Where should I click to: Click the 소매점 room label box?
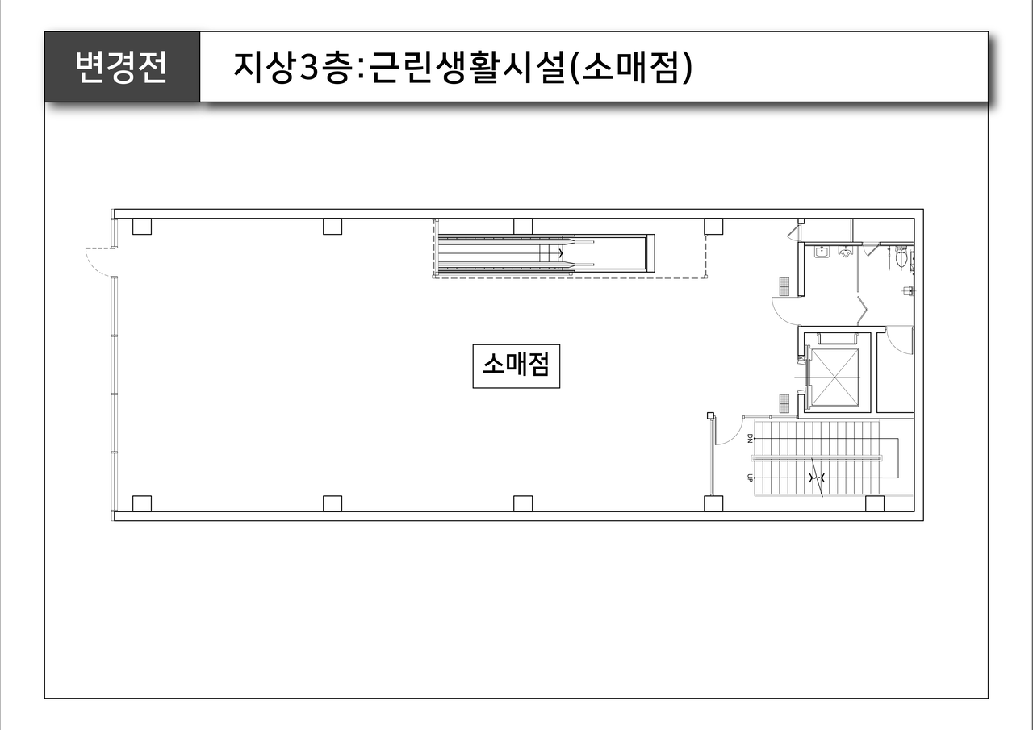tap(516, 366)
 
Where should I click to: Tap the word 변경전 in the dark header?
tap(121, 68)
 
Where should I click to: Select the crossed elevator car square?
tap(834, 377)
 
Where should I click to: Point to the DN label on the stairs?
tap(750, 439)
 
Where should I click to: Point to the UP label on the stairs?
tap(750, 478)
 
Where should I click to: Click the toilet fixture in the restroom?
tap(901, 258)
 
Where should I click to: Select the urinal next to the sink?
tap(846, 252)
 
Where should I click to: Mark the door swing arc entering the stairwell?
tap(728, 431)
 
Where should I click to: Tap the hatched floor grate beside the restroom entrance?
tap(783, 285)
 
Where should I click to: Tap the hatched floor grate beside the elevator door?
tap(783, 400)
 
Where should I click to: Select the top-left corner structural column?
tap(142, 226)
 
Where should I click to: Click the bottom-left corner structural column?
tap(142, 503)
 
